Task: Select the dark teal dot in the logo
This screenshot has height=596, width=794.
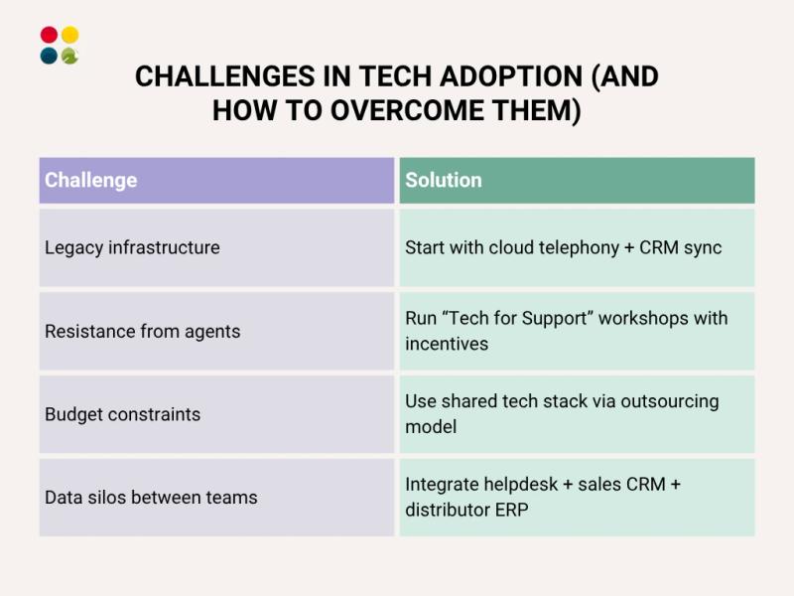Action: [x=49, y=56]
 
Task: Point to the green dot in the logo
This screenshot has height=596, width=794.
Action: [x=69, y=56]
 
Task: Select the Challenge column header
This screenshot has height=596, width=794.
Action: [x=216, y=180]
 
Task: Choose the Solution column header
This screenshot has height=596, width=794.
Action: [x=577, y=180]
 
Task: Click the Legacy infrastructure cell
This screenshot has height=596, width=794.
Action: [x=216, y=247]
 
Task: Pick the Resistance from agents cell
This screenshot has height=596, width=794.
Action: [x=216, y=331]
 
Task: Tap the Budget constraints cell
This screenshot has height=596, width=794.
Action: [x=216, y=414]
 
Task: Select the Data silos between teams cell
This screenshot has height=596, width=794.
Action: [x=216, y=498]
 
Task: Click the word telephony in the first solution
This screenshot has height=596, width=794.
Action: [x=576, y=247]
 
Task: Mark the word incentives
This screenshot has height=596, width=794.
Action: [x=447, y=344]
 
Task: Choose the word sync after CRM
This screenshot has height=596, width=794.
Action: [x=700, y=247]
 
